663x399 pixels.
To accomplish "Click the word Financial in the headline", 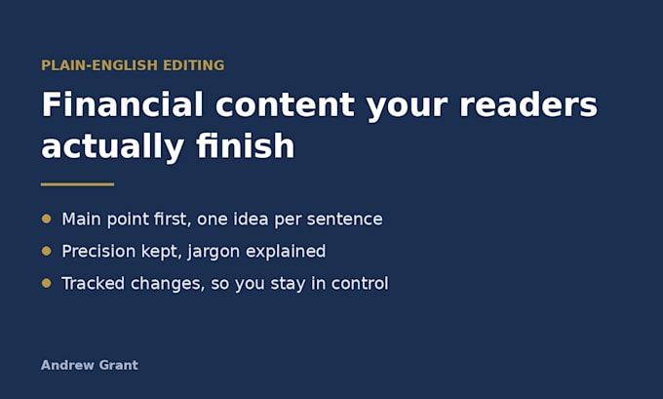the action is coord(123,104).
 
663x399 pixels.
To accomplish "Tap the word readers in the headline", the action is coord(528,104).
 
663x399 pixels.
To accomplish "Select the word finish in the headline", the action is coord(246,145).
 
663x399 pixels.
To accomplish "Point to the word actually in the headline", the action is coord(112,147).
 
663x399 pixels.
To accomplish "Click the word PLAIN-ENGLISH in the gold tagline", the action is coord(99,65).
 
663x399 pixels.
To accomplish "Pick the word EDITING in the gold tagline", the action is coord(194,65).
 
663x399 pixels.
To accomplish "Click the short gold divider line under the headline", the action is coord(77,184).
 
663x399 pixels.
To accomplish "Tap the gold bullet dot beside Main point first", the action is coord(47,219).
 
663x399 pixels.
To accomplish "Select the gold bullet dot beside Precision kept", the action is coord(47,251).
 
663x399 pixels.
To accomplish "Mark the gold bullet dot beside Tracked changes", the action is coord(47,283).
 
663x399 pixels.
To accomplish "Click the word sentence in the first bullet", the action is coord(344,219).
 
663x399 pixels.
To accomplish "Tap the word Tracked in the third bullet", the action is coord(93,284).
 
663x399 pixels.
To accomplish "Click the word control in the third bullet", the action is coord(360,284).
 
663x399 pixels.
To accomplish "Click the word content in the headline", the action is coord(286,104).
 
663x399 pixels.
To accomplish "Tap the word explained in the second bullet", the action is coord(286,252).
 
